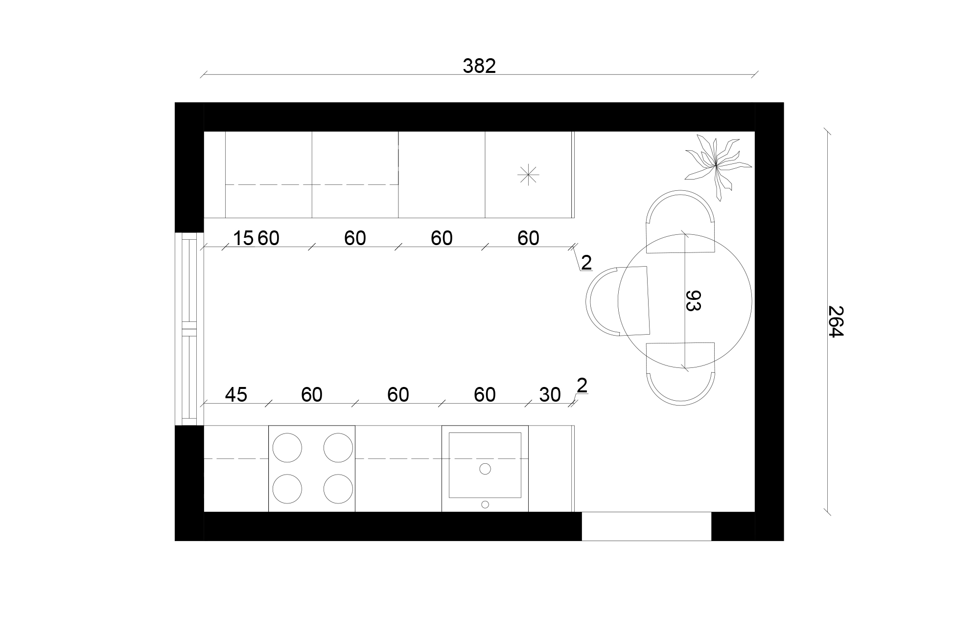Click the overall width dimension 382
tap(479, 66)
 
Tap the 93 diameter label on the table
tap(693, 300)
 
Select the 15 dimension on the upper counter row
tap(243, 238)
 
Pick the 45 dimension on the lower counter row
tap(236, 394)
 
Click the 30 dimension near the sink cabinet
tap(550, 394)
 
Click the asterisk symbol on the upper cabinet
tap(528, 175)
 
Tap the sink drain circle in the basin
tap(485, 469)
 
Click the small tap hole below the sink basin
tap(485, 504)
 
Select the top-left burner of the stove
tap(287, 448)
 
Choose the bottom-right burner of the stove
tap(338, 489)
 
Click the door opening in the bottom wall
tap(646, 526)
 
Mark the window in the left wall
tap(189, 329)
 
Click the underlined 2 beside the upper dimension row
tap(586, 263)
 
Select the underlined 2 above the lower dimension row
tap(582, 386)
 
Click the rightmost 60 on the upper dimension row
tap(528, 238)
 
